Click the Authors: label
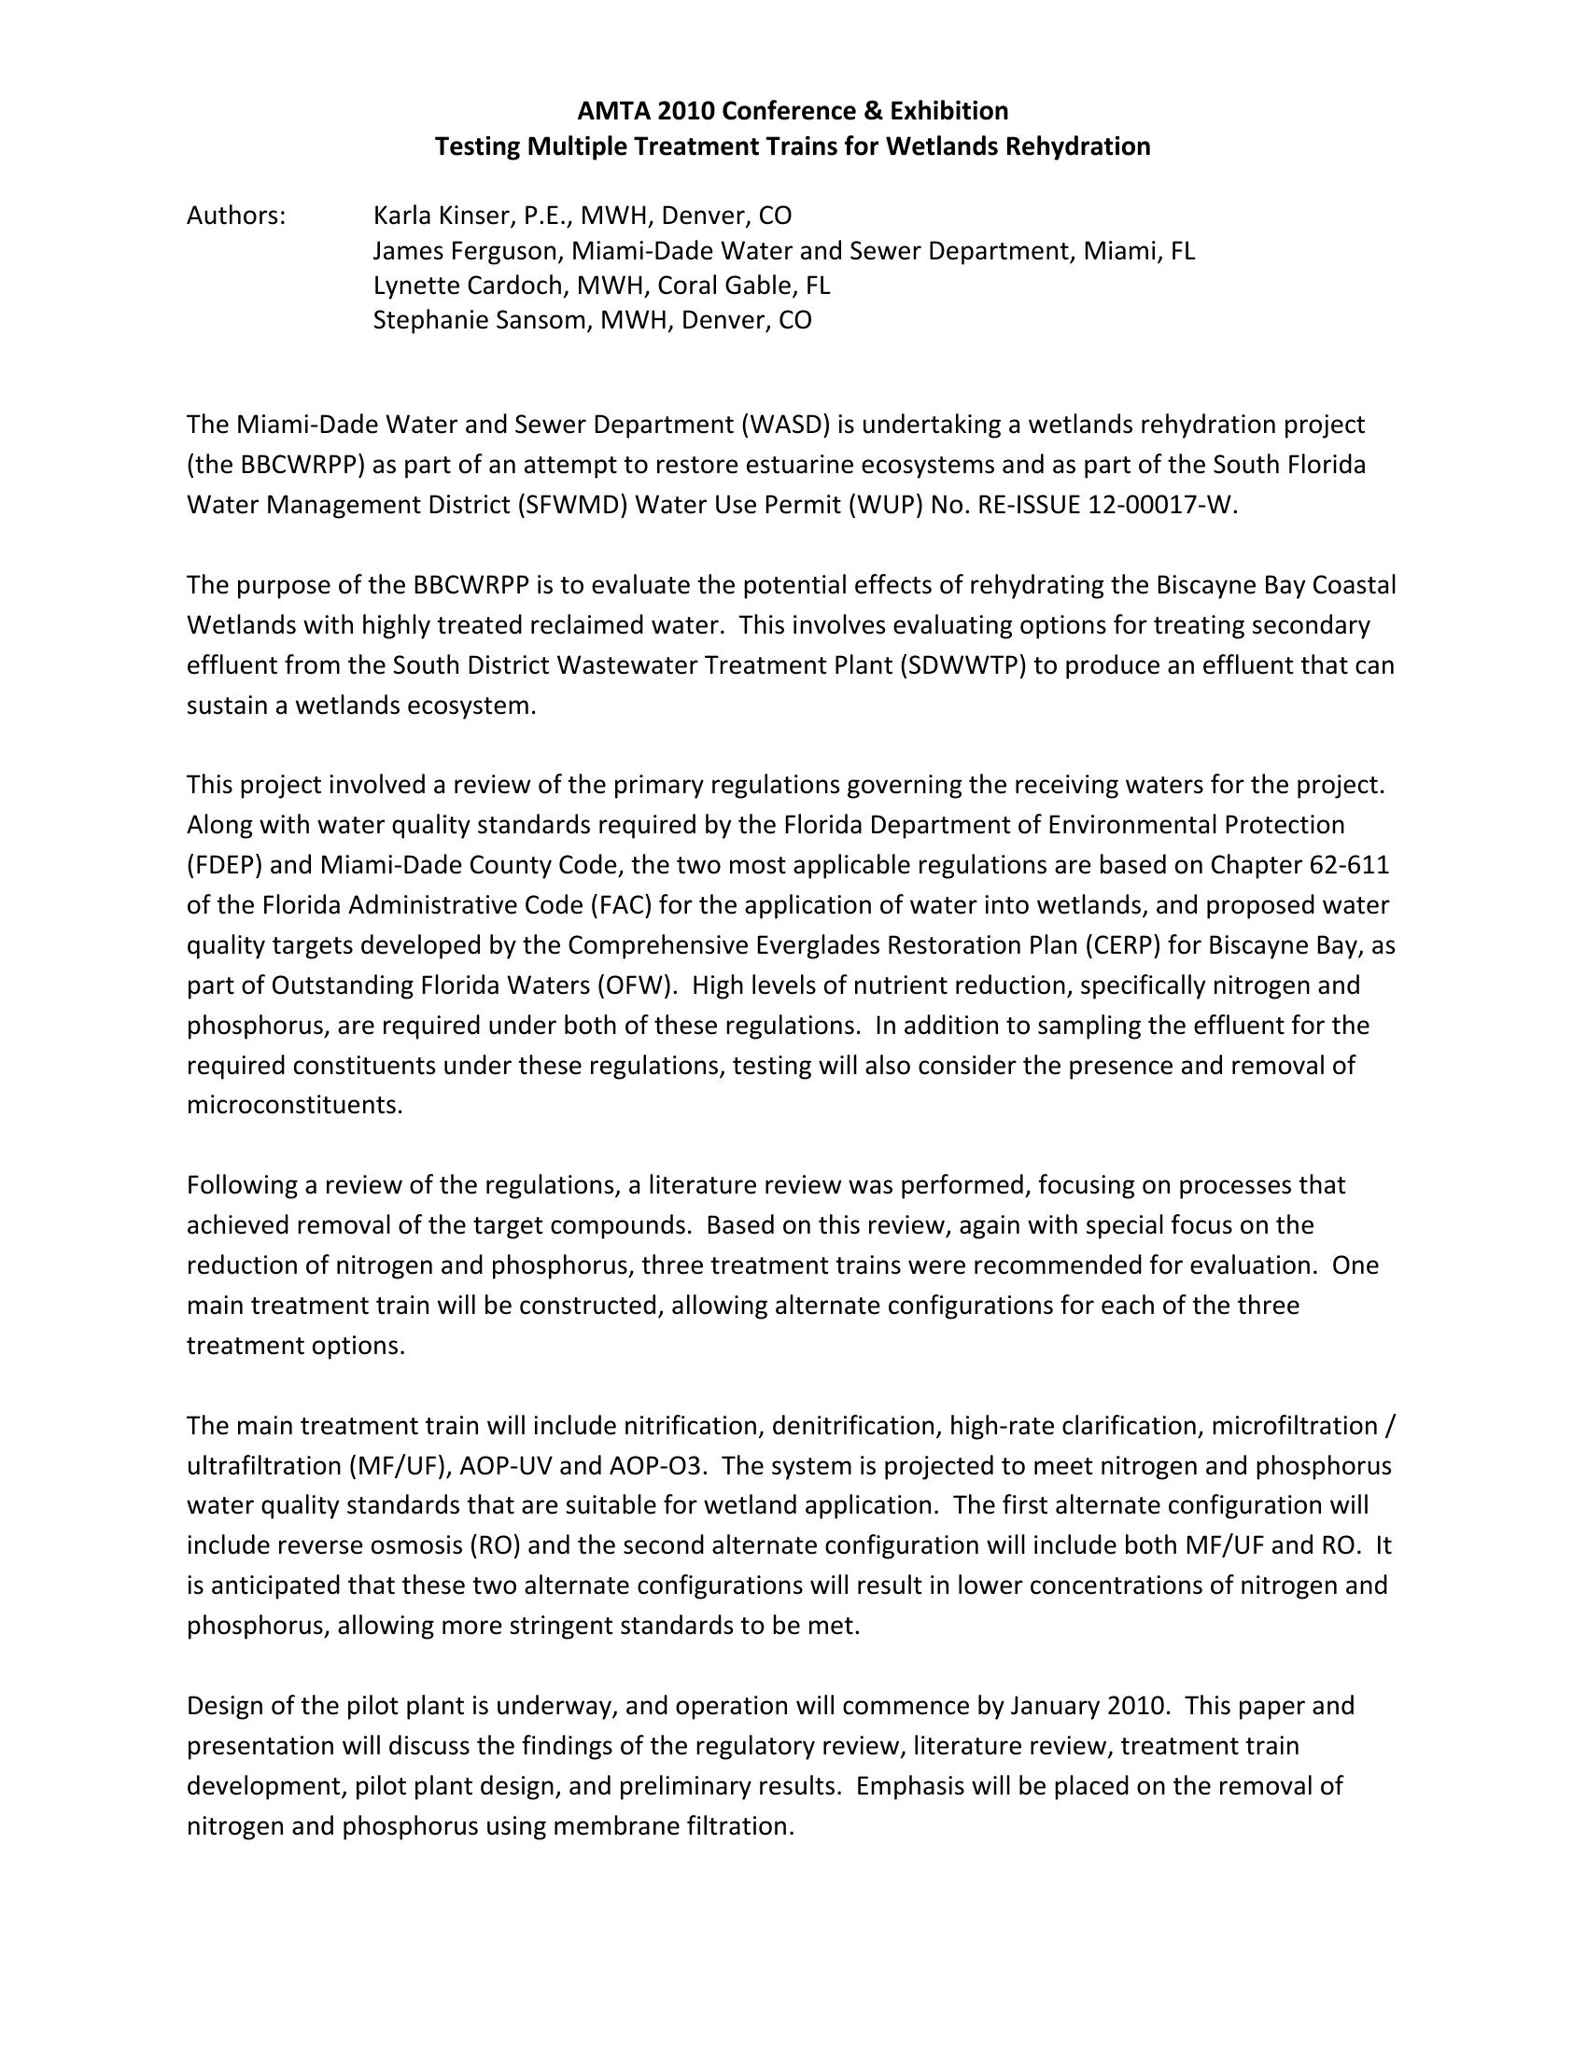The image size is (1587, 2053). [236, 216]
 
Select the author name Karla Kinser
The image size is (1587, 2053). [442, 216]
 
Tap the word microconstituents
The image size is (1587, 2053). [294, 1105]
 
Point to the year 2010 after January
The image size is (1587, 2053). [1138, 1705]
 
